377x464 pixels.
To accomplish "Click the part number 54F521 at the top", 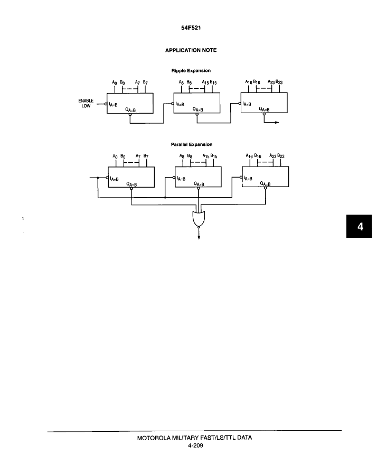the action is point(191,28).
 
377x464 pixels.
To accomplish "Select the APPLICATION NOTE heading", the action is point(191,50).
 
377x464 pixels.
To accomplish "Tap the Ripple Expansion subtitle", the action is point(191,70).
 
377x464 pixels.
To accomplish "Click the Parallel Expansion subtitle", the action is point(192,144).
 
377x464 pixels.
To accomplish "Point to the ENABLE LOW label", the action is point(86,103).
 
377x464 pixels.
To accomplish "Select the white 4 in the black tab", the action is point(360,227).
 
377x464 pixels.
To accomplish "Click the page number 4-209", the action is point(195,446).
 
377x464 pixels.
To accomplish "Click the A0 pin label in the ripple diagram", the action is point(115,82).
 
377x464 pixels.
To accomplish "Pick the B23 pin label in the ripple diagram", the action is point(279,82).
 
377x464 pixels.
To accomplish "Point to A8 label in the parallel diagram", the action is point(182,156).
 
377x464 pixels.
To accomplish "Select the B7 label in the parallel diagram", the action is point(146,156).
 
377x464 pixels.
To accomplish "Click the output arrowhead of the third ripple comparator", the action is point(277,122).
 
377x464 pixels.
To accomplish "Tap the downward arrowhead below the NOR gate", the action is point(199,237).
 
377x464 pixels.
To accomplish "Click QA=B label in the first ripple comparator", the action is point(130,110).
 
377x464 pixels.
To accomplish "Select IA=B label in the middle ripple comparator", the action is point(180,104).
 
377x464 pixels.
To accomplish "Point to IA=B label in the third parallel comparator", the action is point(248,179).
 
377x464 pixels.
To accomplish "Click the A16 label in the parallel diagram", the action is point(249,156).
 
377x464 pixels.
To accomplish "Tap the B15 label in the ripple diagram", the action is point(213,82).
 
